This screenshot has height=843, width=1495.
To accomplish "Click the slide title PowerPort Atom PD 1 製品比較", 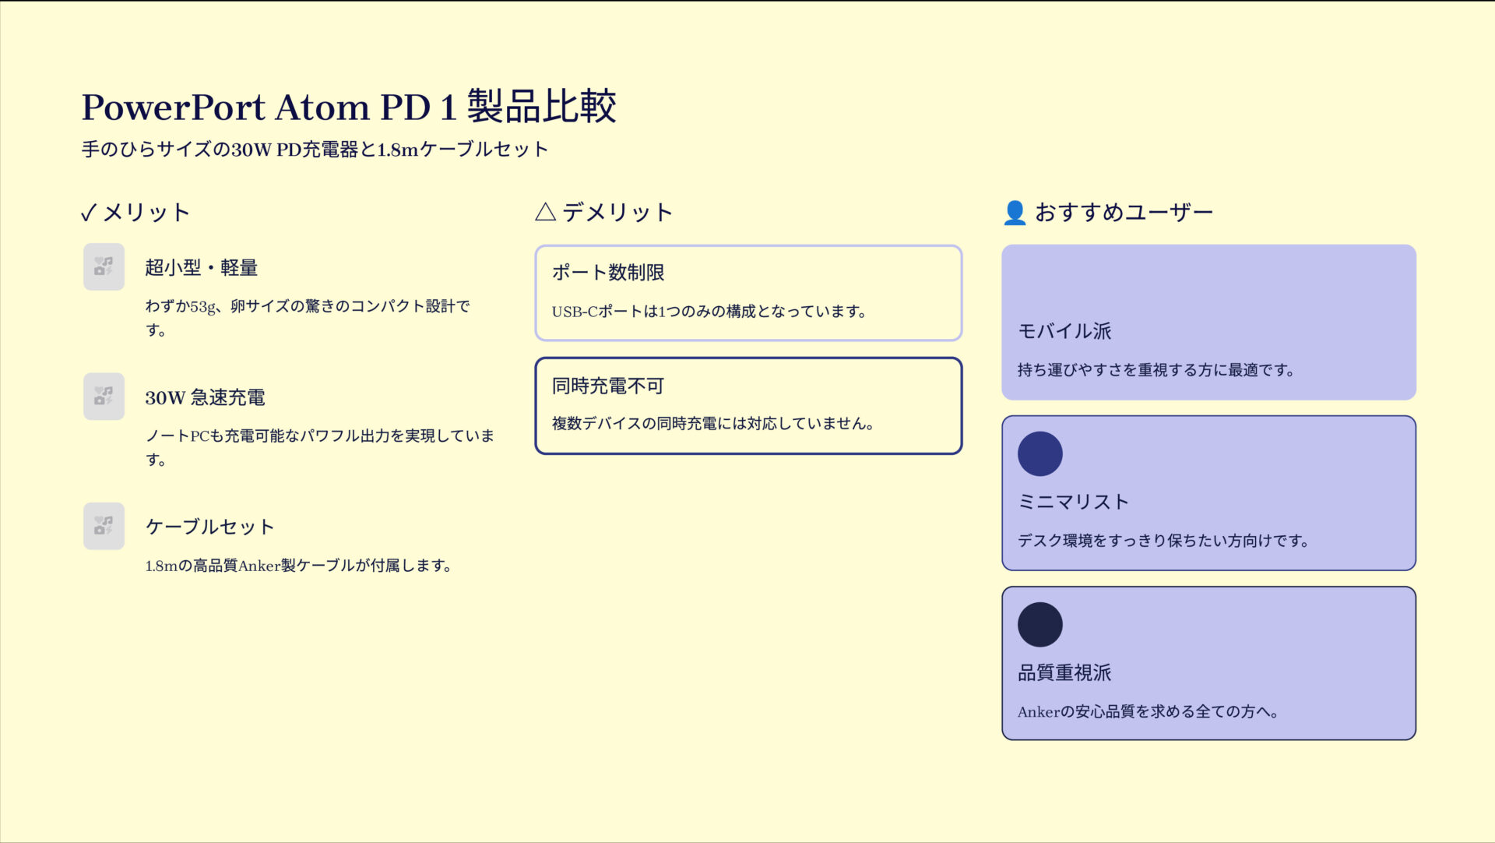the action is (x=349, y=107).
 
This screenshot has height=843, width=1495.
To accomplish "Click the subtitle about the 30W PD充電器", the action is (x=315, y=149).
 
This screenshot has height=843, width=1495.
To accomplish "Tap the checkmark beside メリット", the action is (x=89, y=213).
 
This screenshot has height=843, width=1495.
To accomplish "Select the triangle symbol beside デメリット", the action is (x=545, y=212).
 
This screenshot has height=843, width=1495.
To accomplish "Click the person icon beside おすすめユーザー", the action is (x=1015, y=213).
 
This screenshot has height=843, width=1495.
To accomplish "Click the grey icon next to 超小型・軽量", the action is (x=104, y=267).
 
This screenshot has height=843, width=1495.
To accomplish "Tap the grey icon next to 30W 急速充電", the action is (x=104, y=397).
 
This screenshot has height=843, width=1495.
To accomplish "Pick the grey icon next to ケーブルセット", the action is (x=104, y=526).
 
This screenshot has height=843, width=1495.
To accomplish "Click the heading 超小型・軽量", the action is (x=201, y=268).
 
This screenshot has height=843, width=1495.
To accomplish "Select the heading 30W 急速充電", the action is (x=205, y=397).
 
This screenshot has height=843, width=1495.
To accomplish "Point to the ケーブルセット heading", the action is (x=209, y=527).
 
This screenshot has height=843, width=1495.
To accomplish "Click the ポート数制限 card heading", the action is (x=608, y=273).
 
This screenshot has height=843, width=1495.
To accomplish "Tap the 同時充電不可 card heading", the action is (x=608, y=386).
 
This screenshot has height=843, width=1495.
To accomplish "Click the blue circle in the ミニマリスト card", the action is (x=1039, y=453).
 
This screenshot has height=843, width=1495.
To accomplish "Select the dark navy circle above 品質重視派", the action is (x=1039, y=624).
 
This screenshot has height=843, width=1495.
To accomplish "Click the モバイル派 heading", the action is (x=1064, y=331).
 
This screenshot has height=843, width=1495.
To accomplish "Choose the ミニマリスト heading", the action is (x=1073, y=502).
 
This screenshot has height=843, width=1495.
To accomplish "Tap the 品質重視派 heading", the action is (x=1064, y=672).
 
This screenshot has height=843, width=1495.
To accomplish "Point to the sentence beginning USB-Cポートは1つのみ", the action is (x=709, y=312).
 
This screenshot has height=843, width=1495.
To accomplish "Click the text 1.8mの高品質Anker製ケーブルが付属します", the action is (x=298, y=566).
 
